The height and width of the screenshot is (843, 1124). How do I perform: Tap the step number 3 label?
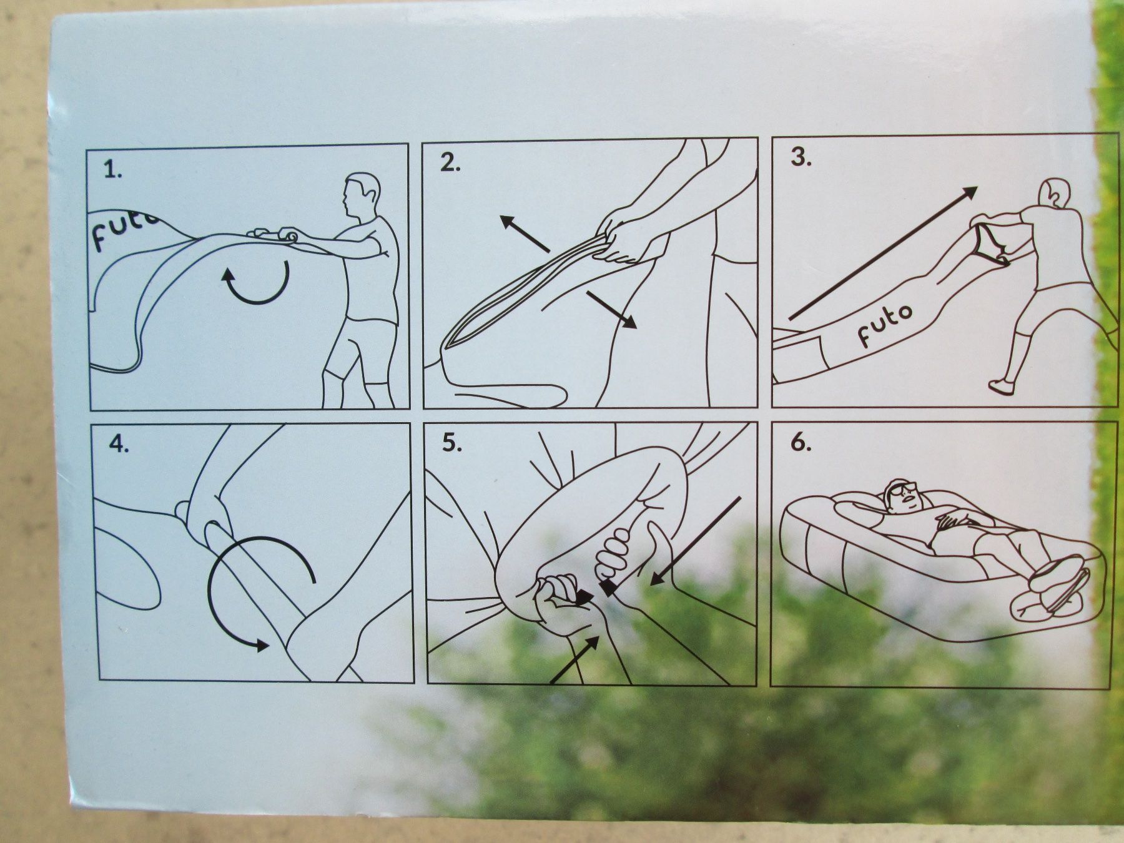click(x=801, y=158)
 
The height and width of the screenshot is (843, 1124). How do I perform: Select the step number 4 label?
click(x=118, y=445)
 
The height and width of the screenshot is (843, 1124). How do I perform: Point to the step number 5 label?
click(x=451, y=443)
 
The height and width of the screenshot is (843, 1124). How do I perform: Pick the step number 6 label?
click(x=801, y=443)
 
